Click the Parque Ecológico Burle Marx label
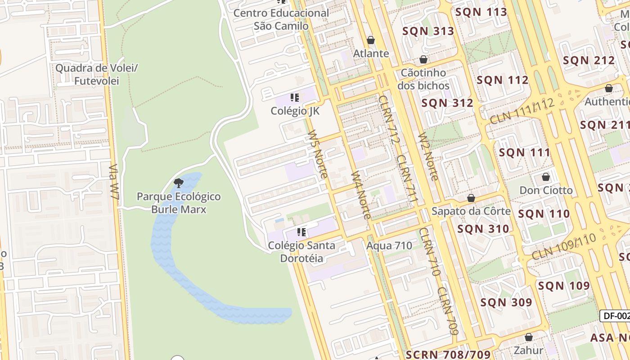pyautogui.click(x=179, y=203)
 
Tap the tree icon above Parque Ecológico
pyautogui.click(x=179, y=183)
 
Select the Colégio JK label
pyautogui.click(x=295, y=111)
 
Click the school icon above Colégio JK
pyautogui.click(x=295, y=98)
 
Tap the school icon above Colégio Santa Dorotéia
pyautogui.click(x=301, y=232)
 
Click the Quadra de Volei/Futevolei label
pyautogui.click(x=97, y=75)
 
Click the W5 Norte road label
pyautogui.click(x=317, y=154)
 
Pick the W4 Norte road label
pyautogui.click(x=361, y=195)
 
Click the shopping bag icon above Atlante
pyautogui.click(x=371, y=40)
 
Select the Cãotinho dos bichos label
pyautogui.click(x=423, y=79)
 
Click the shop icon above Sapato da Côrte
pyautogui.click(x=471, y=198)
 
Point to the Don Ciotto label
pyautogui.click(x=546, y=190)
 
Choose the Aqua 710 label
pyautogui.click(x=389, y=246)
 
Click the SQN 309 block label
pyautogui.click(x=506, y=302)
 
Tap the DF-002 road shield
pyautogui.click(x=616, y=316)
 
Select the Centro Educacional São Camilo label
pyautogui.click(x=281, y=19)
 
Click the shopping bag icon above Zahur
pyautogui.click(x=529, y=337)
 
